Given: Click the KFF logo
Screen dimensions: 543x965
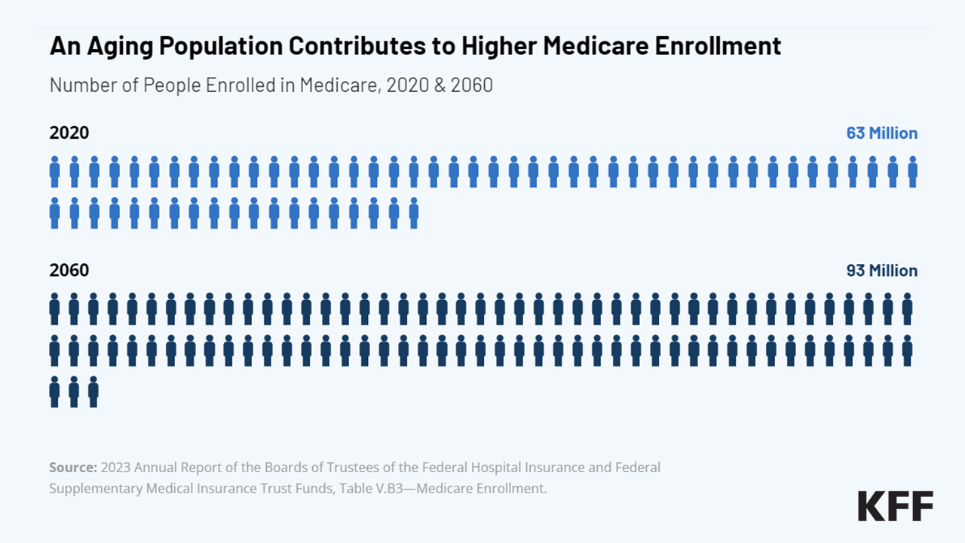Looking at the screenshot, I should click(895, 505).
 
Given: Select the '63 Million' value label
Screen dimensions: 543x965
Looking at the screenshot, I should click(881, 133).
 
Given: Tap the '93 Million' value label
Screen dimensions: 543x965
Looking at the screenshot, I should click(881, 271).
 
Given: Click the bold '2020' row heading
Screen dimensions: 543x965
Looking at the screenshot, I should click(69, 133).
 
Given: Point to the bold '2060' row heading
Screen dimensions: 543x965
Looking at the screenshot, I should click(69, 271).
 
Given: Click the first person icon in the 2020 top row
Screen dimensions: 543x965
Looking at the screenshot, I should click(54, 172).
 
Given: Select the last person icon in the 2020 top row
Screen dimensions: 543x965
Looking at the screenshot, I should click(912, 172).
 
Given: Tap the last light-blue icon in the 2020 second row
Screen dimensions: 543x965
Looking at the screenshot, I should click(413, 213).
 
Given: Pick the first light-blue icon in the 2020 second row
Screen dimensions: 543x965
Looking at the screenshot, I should click(54, 213).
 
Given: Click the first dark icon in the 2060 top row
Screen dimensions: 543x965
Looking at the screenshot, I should click(54, 308).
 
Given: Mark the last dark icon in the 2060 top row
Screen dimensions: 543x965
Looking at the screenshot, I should click(907, 308).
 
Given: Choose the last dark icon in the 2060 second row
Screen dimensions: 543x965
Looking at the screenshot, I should click(907, 351).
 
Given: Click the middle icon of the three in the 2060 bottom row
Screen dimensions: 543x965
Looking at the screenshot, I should click(74, 392).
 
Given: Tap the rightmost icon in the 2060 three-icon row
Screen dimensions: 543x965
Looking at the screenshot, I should click(93, 392).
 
